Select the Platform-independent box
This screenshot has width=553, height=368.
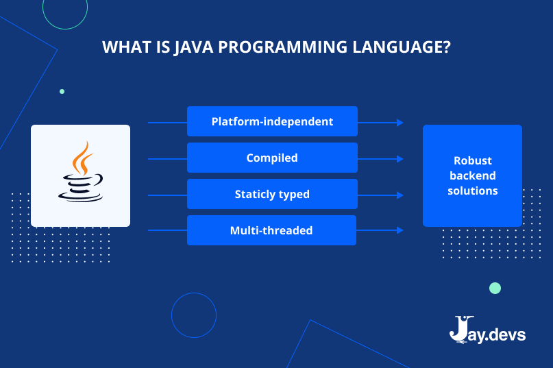pyautogui.click(x=272, y=121)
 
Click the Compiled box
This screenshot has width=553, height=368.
pyautogui.click(x=272, y=158)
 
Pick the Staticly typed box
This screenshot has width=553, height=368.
pyautogui.click(x=272, y=194)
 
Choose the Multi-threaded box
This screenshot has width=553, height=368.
pyautogui.click(x=271, y=230)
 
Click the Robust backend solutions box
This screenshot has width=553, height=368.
pyautogui.click(x=472, y=175)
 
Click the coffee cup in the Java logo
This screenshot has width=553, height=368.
pyautogui.click(x=80, y=187)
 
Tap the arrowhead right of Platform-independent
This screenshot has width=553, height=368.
pyautogui.click(x=400, y=123)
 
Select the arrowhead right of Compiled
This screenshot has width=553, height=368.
pyautogui.click(x=400, y=159)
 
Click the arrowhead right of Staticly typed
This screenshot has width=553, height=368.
pyautogui.click(x=400, y=195)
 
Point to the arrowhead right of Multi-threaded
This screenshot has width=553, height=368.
pyautogui.click(x=400, y=231)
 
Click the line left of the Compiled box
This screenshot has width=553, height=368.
pyautogui.click(x=167, y=159)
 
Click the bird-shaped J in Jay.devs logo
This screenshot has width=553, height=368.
pyautogui.click(x=459, y=329)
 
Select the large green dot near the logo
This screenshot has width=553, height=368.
pyautogui.click(x=495, y=288)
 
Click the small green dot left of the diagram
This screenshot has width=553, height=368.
pyautogui.click(x=62, y=91)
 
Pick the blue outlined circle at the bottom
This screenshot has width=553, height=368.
pyautogui.click(x=194, y=315)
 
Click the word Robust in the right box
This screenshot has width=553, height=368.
pyautogui.click(x=473, y=160)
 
